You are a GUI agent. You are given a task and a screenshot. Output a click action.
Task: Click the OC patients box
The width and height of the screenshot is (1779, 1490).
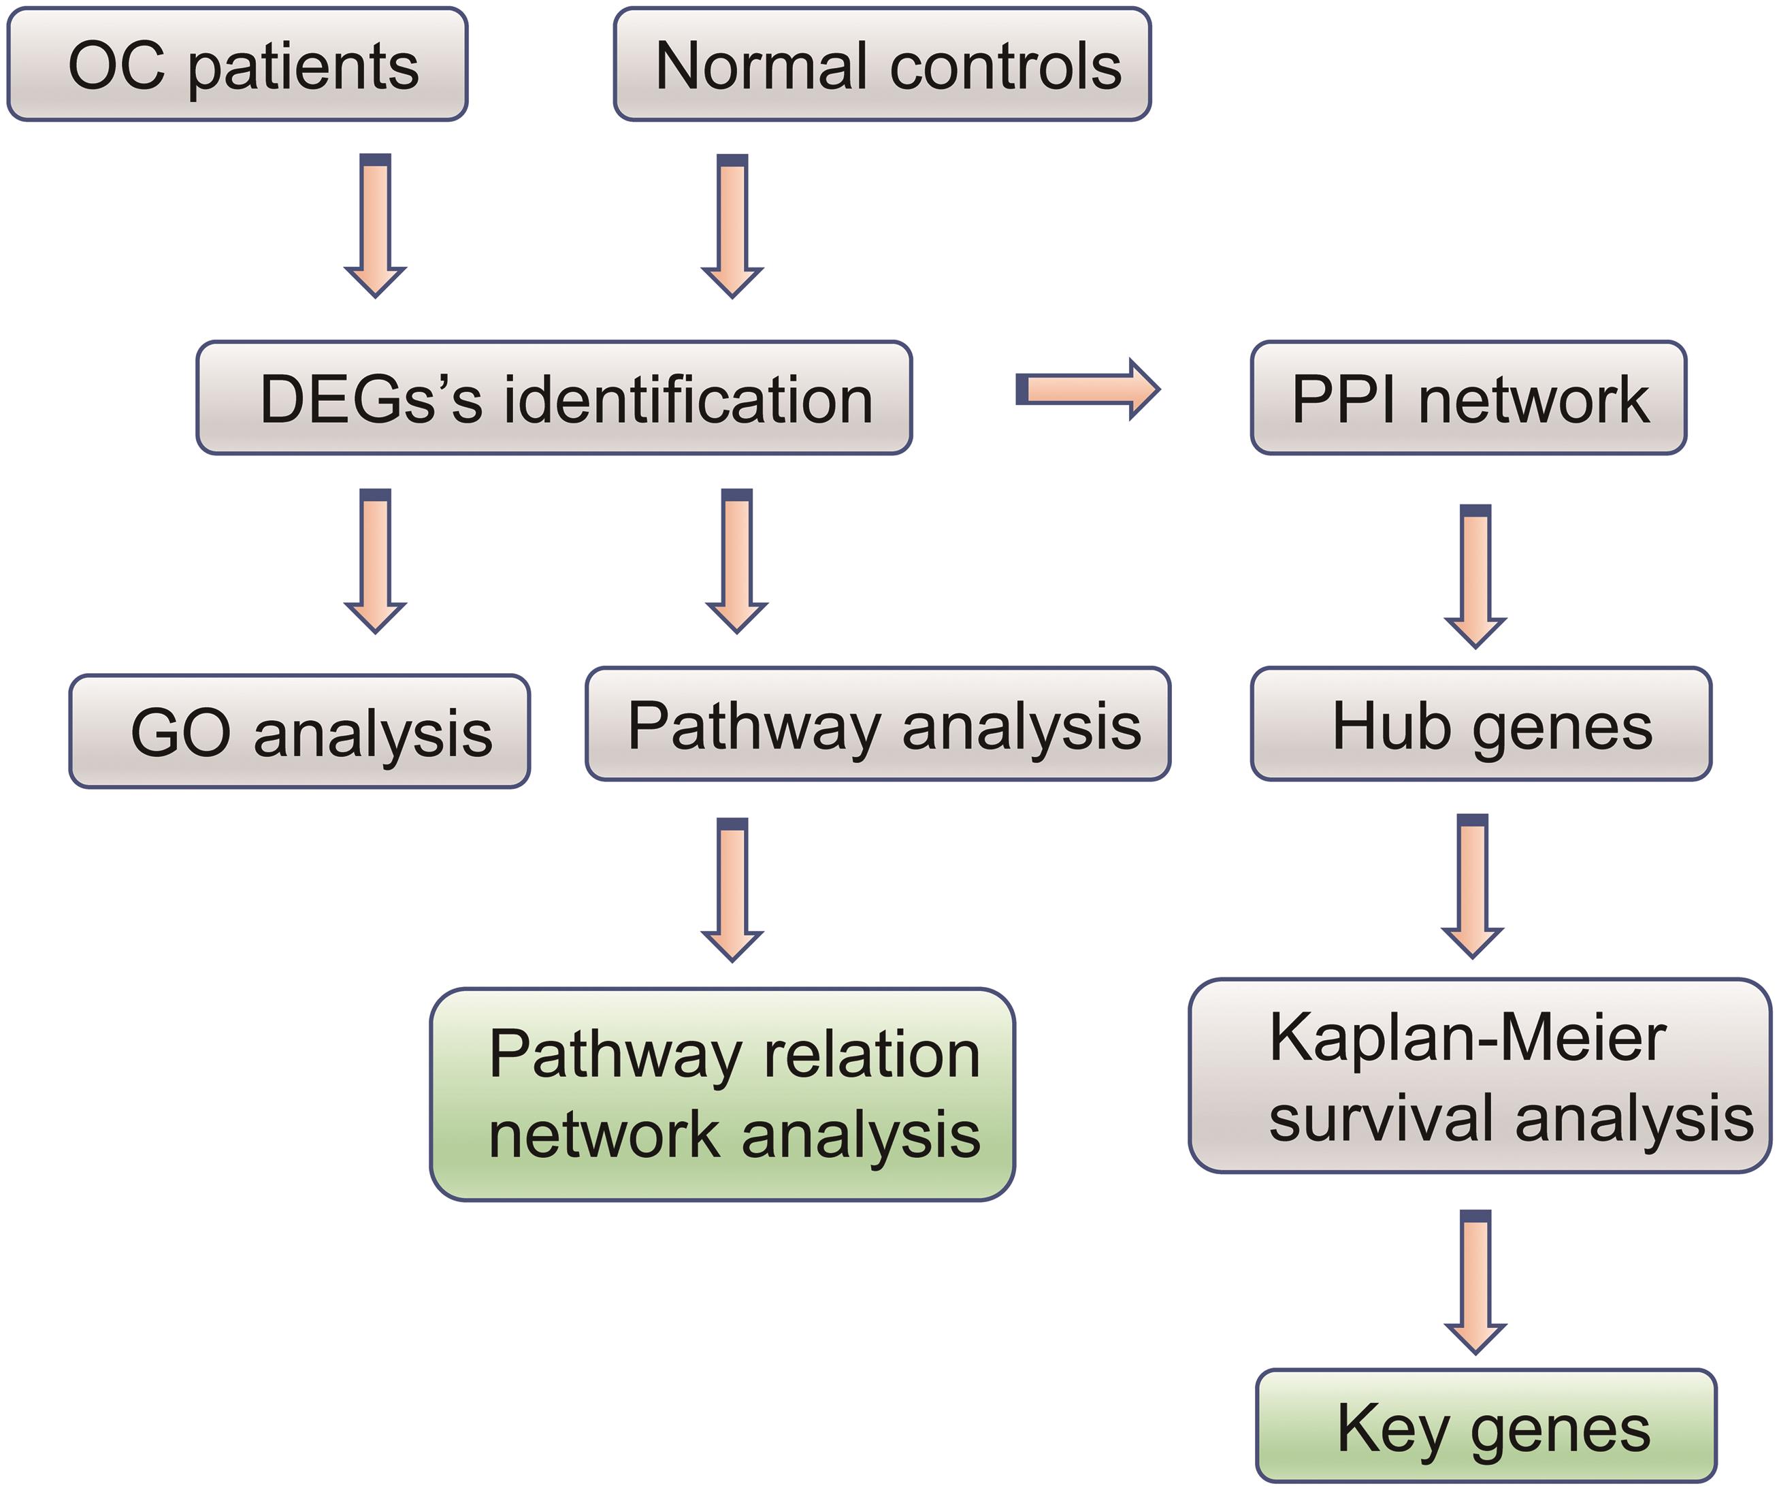pos(238,65)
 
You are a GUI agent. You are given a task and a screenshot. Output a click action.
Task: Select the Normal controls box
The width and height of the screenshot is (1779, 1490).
pos(882,65)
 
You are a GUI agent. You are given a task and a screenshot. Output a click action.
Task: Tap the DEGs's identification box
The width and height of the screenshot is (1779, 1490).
pos(554,398)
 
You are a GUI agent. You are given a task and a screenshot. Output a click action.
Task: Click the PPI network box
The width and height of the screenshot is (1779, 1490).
pos(1468,398)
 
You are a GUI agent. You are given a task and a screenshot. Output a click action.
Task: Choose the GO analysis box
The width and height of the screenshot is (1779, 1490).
pos(299,732)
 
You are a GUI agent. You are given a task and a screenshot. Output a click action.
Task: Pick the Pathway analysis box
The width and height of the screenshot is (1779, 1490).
pos(878,724)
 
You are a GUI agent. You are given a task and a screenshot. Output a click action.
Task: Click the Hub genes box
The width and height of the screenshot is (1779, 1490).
pos(1481,724)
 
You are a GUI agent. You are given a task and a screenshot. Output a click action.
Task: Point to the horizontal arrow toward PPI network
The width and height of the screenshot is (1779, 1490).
pos(1087,389)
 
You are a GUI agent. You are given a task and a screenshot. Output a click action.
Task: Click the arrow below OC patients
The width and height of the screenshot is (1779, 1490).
pos(375,225)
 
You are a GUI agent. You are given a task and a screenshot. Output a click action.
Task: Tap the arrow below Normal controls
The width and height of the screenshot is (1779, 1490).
pos(732,225)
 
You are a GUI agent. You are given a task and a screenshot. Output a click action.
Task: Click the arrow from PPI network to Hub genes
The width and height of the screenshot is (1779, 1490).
pos(1475,576)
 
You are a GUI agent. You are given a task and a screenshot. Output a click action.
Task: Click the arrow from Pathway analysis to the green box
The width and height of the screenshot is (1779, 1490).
pos(732,890)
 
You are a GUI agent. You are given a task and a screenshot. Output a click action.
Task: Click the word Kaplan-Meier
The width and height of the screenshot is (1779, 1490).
pos(1468,1039)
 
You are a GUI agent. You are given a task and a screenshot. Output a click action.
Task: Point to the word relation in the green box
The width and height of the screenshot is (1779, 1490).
pos(872,1056)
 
